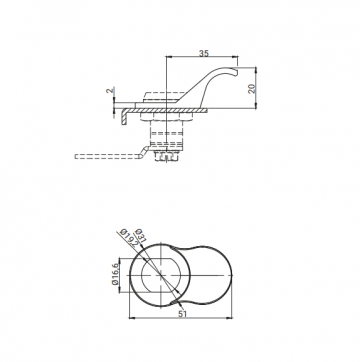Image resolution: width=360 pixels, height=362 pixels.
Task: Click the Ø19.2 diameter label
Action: click(127, 240)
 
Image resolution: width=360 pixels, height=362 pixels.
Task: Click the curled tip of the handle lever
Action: click(237, 71)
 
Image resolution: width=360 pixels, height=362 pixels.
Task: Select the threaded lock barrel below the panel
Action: click(165, 130)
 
